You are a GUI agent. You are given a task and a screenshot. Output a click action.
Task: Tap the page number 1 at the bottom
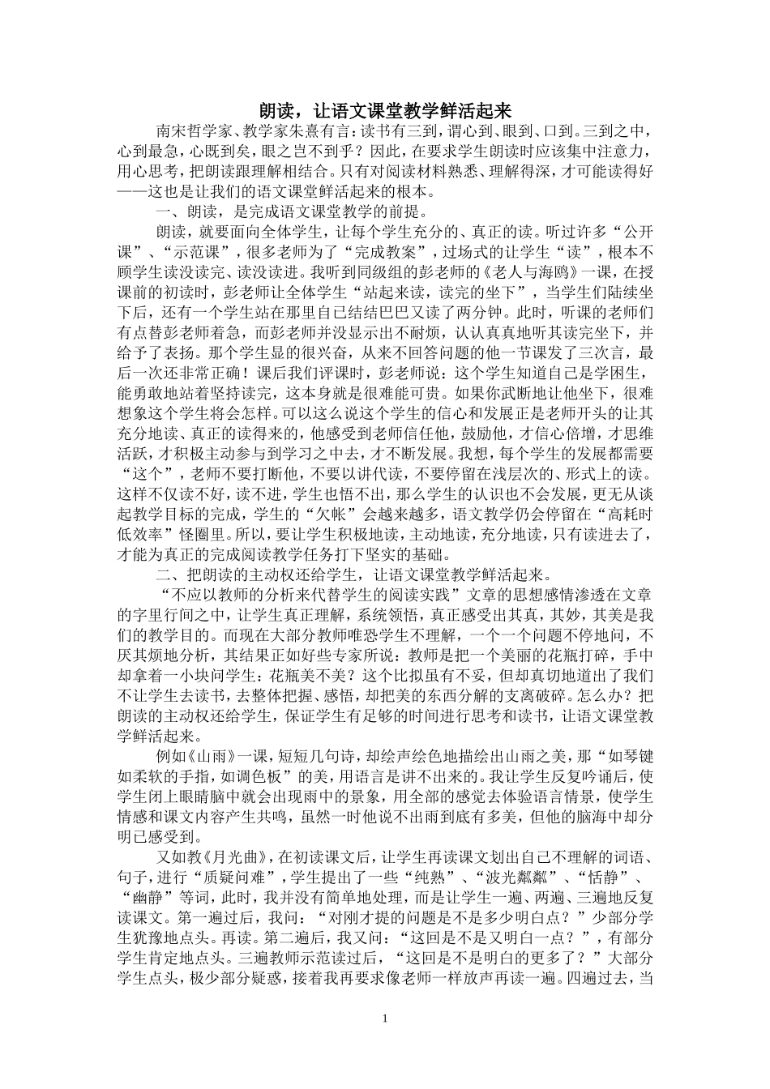pyautogui.click(x=385, y=1017)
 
